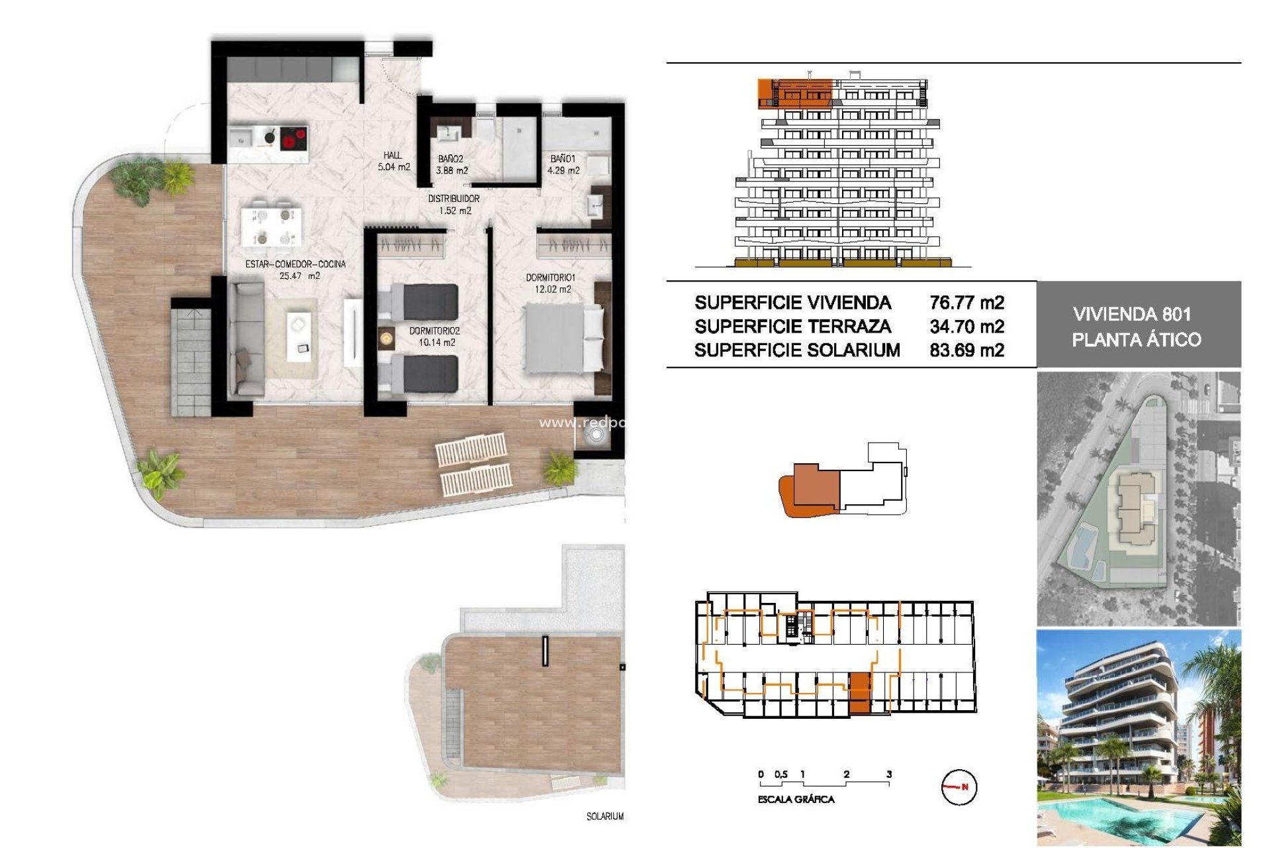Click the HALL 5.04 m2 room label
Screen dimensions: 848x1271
(x=394, y=161)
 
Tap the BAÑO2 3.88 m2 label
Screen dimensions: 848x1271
(x=451, y=165)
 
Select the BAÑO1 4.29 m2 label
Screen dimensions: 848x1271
(x=563, y=164)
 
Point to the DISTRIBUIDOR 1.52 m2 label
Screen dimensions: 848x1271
(x=454, y=205)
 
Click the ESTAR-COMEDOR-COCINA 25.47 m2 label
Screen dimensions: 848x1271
(x=296, y=270)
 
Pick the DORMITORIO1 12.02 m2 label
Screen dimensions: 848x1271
(x=550, y=284)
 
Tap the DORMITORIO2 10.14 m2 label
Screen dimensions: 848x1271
(x=434, y=337)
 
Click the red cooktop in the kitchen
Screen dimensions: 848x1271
(x=293, y=140)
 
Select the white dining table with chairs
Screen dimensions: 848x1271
(x=272, y=226)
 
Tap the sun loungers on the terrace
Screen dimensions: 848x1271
(x=474, y=464)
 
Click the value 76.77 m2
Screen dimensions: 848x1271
(x=966, y=303)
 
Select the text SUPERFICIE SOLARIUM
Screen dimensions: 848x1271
(x=797, y=350)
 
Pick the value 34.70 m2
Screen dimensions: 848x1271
(x=966, y=327)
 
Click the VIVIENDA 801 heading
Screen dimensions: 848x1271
(x=1132, y=314)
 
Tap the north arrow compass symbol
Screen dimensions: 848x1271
(x=959, y=787)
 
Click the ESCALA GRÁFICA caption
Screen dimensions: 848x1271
(x=796, y=800)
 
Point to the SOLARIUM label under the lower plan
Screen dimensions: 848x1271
(x=604, y=816)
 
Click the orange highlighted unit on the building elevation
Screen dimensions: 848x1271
(x=794, y=93)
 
